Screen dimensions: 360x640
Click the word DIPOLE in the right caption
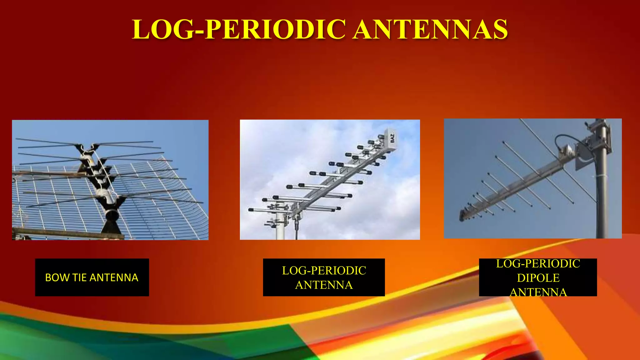click(538, 278)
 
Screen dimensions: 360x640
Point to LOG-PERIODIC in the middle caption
click(324, 271)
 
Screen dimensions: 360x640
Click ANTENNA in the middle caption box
click(324, 285)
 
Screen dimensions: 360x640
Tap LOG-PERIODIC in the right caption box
click(538, 264)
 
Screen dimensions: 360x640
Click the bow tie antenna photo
click(110, 180)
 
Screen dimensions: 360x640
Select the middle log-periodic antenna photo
click(330, 180)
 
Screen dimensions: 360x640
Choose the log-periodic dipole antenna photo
click(532, 178)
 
